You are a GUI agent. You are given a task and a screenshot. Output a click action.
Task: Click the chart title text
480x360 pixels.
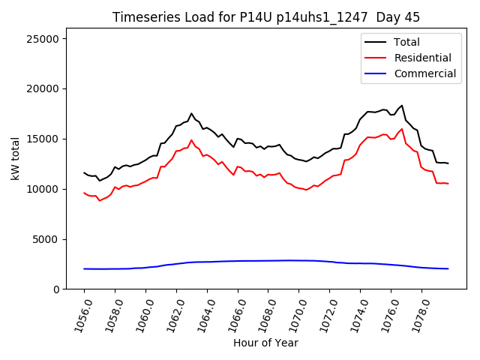coord(266,17)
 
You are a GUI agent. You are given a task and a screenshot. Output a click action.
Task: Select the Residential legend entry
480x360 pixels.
coord(422,58)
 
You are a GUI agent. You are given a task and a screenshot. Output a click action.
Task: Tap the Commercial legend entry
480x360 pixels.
coord(424,73)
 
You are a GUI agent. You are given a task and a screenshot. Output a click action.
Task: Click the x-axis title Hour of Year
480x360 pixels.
coord(265,343)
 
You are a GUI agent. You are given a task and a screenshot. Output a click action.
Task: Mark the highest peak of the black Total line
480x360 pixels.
coord(402,106)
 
